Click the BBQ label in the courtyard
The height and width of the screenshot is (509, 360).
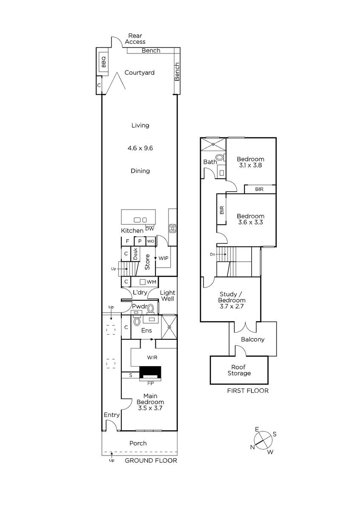click(x=104, y=62)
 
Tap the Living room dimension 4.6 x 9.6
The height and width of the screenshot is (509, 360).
click(x=140, y=148)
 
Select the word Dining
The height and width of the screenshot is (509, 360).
click(x=140, y=171)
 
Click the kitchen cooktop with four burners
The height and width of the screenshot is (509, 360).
click(x=172, y=228)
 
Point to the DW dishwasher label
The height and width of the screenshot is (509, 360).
click(x=149, y=229)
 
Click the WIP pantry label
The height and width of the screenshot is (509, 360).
click(x=163, y=258)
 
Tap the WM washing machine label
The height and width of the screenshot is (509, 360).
click(x=151, y=282)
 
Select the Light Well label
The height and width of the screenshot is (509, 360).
click(x=168, y=296)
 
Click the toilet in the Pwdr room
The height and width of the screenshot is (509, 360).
click(x=151, y=309)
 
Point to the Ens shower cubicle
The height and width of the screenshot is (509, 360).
click(x=169, y=327)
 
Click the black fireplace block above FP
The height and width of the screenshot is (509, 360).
click(x=150, y=372)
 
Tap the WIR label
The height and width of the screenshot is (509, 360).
click(x=152, y=358)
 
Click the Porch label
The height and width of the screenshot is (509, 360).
click(x=138, y=443)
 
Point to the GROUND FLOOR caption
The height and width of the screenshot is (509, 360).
click(x=151, y=460)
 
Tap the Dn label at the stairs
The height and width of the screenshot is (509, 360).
click(x=212, y=254)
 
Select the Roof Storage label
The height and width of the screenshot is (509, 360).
click(x=239, y=370)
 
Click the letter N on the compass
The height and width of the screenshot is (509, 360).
click(x=252, y=447)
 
